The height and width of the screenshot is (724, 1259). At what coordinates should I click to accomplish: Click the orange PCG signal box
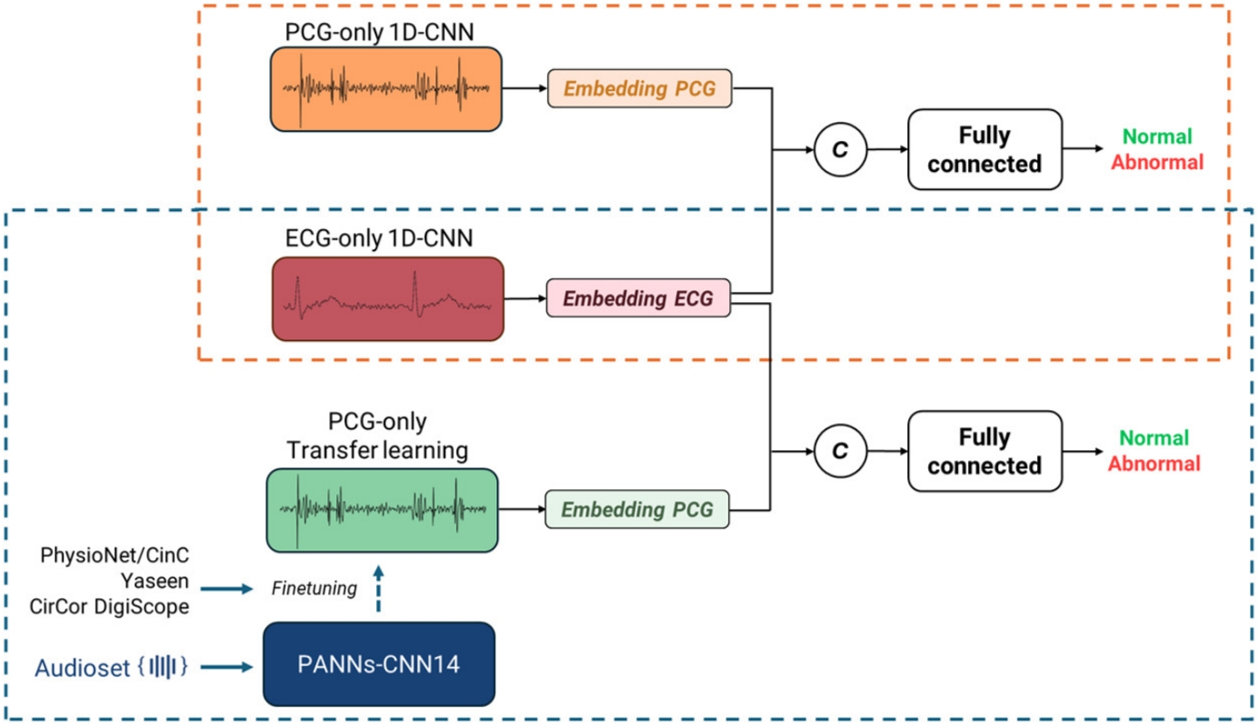(385, 88)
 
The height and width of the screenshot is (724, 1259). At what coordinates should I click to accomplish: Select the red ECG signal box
(385, 298)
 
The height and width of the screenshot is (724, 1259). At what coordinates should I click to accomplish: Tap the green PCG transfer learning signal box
(382, 509)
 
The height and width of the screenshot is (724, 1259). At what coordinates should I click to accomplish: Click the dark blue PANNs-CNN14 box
(379, 664)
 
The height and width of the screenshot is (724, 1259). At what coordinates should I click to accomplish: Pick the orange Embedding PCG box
(640, 89)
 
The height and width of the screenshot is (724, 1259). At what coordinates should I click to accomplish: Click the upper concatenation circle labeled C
(840, 149)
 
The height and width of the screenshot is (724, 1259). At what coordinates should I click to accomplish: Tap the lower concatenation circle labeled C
(840, 450)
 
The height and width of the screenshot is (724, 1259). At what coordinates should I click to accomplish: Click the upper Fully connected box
(984, 149)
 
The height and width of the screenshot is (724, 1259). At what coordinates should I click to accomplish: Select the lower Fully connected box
(984, 451)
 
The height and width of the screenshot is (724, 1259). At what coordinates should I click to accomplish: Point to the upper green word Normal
(1156, 137)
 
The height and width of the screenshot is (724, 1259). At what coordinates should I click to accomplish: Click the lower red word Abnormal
(1155, 463)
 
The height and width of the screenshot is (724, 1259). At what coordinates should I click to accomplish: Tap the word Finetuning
(315, 588)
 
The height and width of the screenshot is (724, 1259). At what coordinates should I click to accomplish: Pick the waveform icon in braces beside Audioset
(164, 667)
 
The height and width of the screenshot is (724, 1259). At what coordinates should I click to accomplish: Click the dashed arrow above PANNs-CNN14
(379, 593)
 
